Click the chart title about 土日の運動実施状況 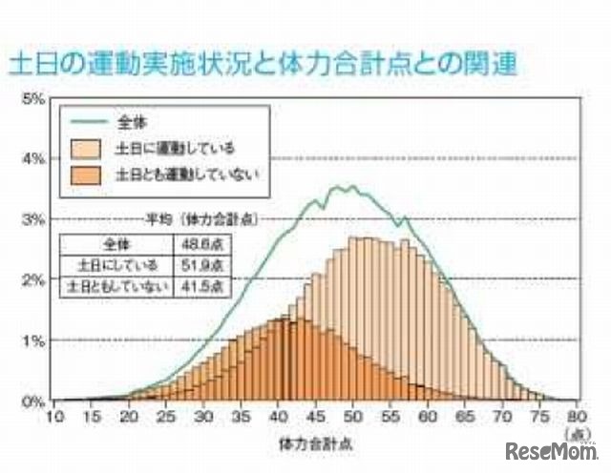coord(263,66)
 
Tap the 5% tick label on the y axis coord(32,98)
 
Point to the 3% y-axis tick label coord(32,219)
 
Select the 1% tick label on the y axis coord(32,340)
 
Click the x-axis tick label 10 coord(55,416)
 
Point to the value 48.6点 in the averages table coord(197,242)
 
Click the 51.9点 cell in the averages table coord(197,263)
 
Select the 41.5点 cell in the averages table coord(197,284)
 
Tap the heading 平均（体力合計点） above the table coord(192,217)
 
